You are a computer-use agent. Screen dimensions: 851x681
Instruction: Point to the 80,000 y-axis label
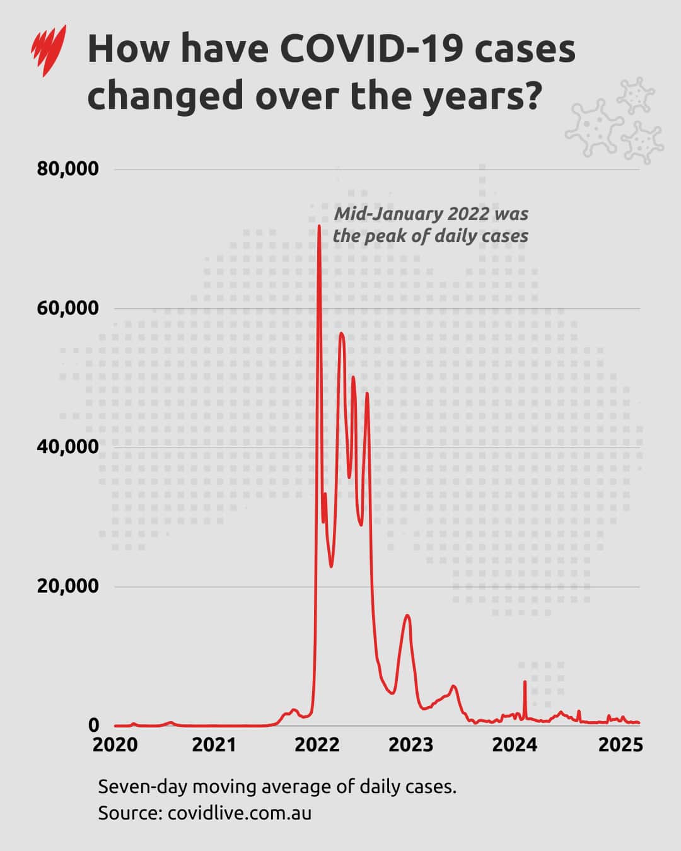[68, 169]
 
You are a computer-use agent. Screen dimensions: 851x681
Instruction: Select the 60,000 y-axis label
[68, 308]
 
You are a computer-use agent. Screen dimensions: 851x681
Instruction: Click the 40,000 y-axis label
[68, 447]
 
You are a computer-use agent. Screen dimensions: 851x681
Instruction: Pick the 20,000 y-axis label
[68, 586]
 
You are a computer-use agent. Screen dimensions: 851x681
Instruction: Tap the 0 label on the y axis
[93, 726]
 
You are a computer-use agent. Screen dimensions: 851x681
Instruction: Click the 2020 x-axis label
[115, 745]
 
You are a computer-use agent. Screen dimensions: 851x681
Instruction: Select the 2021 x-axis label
[214, 745]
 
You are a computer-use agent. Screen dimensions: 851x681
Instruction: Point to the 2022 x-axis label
[317, 745]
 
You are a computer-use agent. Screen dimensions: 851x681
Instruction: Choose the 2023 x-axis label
[411, 745]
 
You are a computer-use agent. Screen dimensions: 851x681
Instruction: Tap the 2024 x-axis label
[515, 745]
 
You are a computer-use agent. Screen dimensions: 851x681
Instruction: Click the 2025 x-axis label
[620, 745]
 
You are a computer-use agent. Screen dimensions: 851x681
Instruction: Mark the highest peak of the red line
[319, 226]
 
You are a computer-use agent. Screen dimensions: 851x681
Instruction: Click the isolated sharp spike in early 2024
[525, 681]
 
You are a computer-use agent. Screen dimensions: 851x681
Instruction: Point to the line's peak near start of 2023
[407, 615]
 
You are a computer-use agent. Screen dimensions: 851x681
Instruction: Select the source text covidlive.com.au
[240, 813]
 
